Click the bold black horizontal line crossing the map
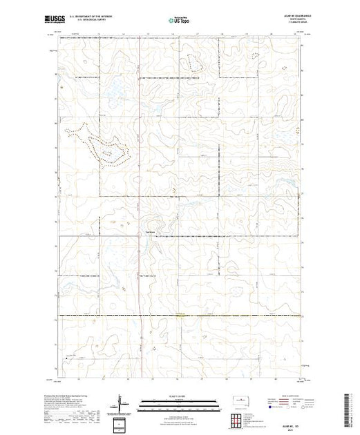click(x=207, y=316)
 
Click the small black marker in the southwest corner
click(x=67, y=358)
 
